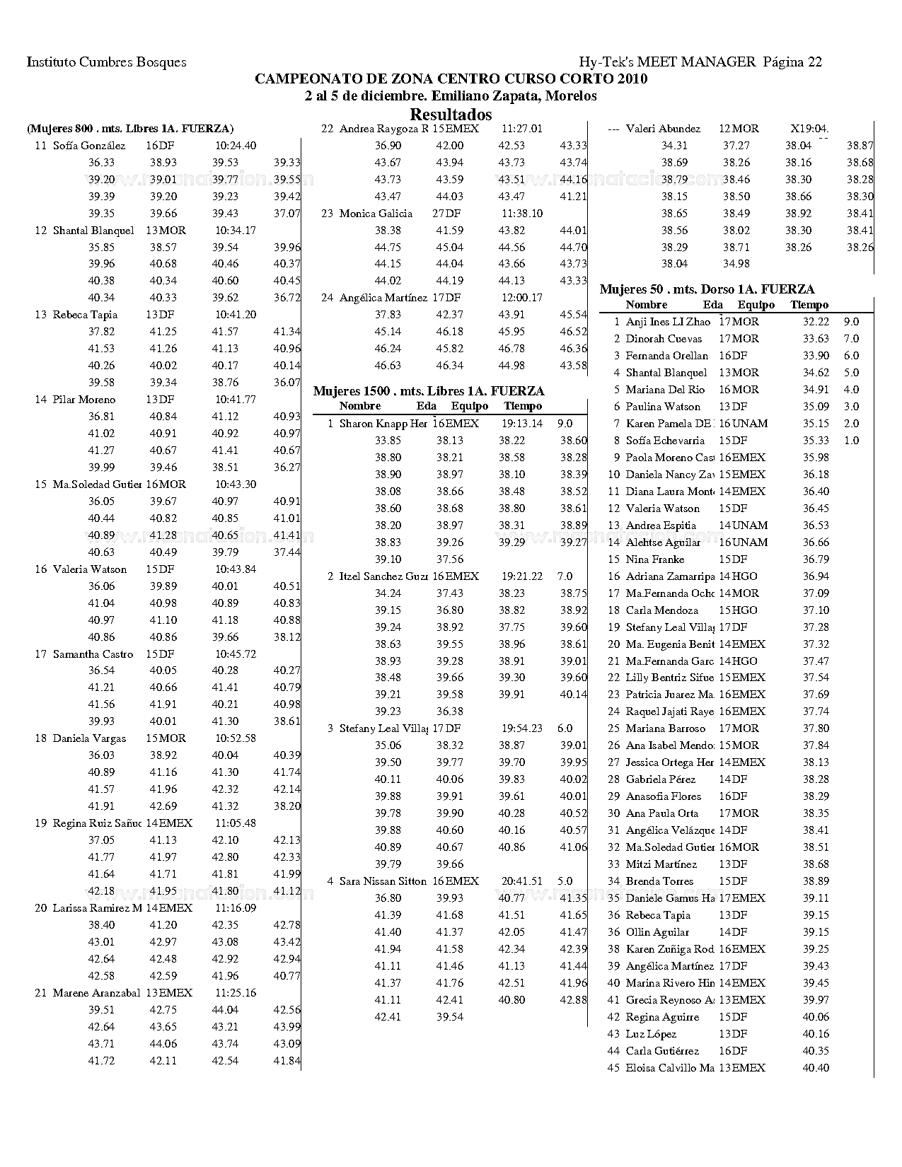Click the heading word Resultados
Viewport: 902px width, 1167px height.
[451, 115]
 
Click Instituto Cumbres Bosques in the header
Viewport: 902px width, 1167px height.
[107, 62]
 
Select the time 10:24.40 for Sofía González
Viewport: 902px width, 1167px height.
[236, 146]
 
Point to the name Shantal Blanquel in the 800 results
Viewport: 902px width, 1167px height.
[93, 231]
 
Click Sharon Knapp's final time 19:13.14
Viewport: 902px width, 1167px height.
[522, 424]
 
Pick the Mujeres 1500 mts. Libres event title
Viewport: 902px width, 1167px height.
[429, 391]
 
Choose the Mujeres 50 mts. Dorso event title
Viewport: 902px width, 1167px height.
[707, 289]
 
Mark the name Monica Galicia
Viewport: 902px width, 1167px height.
[376, 214]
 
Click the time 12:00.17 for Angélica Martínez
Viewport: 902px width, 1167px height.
[522, 298]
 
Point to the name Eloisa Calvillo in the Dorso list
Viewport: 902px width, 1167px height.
[669, 1068]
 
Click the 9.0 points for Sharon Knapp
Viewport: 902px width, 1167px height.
[565, 424]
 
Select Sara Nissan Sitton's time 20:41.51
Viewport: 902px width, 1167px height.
[522, 881]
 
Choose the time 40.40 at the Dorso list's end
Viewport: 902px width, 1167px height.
[816, 1068]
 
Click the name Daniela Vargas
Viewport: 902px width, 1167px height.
[89, 738]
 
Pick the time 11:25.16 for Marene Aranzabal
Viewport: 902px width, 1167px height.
[236, 993]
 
